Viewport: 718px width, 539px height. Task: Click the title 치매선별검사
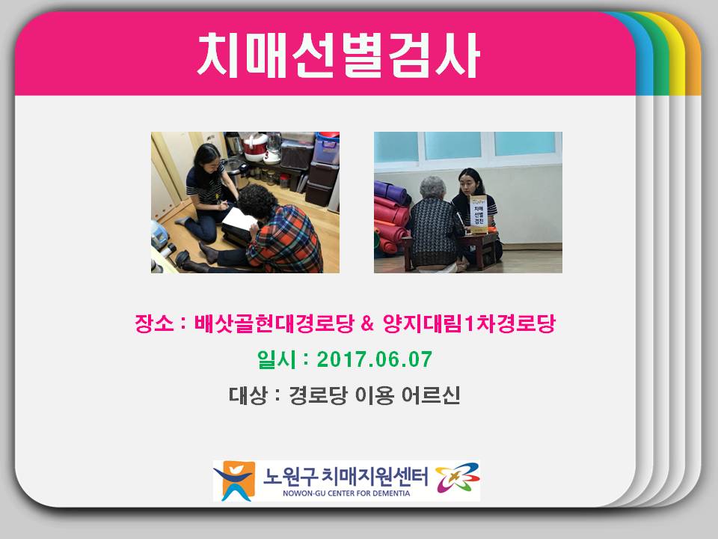(x=338, y=54)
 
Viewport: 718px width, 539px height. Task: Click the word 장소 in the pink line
(x=149, y=324)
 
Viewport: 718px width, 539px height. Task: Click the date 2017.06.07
(x=374, y=359)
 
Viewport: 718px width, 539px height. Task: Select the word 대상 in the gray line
(x=248, y=395)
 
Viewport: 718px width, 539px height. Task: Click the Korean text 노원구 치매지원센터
(x=346, y=476)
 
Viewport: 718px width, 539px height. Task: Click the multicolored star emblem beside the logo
(x=457, y=478)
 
